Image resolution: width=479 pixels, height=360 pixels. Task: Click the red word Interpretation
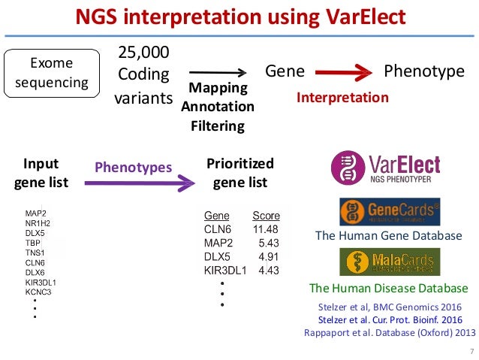click(342, 98)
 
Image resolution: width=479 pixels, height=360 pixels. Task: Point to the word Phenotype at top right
click(424, 71)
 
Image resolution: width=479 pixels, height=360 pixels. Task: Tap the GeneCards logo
click(388, 212)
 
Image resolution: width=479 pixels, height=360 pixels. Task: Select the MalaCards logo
click(389, 262)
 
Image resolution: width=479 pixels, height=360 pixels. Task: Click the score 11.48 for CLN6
click(266, 228)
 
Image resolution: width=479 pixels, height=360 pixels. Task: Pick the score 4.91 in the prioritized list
click(268, 256)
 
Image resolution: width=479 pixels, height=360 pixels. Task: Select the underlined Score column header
click(266, 215)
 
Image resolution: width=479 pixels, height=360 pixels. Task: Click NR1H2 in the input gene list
click(39, 223)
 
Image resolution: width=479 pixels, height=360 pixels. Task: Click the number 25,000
click(144, 53)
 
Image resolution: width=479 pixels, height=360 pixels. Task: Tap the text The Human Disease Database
click(388, 289)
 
